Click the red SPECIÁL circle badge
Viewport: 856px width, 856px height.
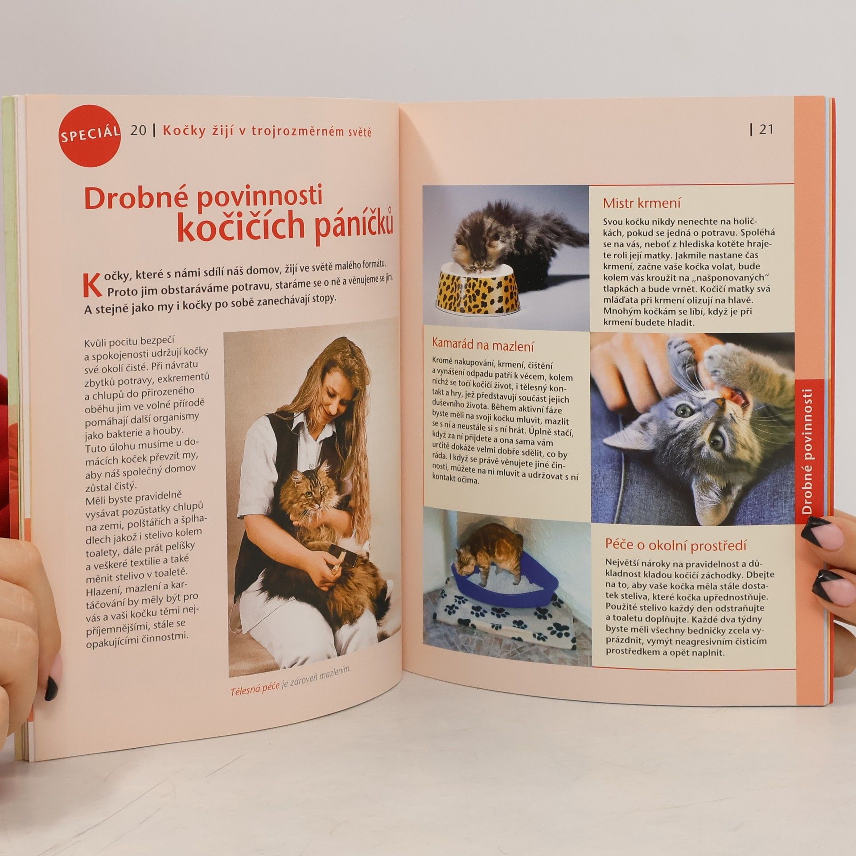pyautogui.click(x=90, y=136)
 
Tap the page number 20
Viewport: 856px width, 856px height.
pyautogui.click(x=138, y=131)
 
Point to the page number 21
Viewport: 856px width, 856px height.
pyautogui.click(x=766, y=129)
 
